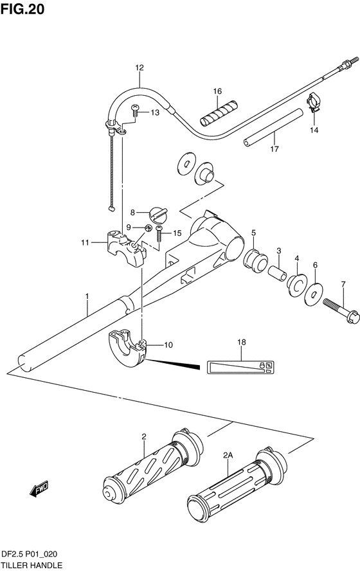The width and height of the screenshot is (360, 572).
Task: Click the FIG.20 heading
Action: click(22, 9)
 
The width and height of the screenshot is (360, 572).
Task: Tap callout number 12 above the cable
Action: click(139, 67)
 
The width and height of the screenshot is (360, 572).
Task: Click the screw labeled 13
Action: click(135, 110)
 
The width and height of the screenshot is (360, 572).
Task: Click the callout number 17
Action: click(274, 149)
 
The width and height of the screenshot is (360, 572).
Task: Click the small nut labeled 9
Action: click(148, 228)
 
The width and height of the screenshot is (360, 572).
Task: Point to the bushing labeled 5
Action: click(255, 260)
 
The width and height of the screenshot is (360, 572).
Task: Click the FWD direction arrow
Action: click(39, 488)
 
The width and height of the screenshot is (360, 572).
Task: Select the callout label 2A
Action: click(228, 455)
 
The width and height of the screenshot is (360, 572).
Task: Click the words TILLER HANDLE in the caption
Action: click(32, 566)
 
